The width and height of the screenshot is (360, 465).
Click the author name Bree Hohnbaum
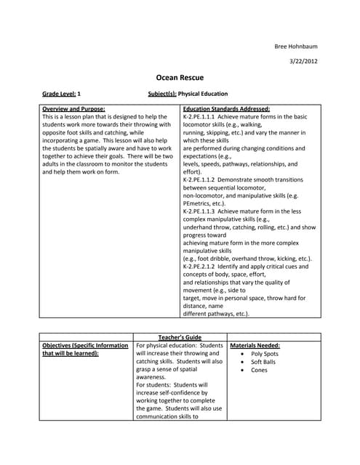point(295,46)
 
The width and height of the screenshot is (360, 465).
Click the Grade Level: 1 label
point(61,94)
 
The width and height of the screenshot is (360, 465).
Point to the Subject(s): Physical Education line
point(188,94)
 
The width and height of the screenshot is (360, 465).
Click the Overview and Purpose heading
point(73,108)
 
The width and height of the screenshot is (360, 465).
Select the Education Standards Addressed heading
point(226,108)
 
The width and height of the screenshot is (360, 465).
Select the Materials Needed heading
point(255,345)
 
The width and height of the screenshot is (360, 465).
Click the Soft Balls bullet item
point(263,362)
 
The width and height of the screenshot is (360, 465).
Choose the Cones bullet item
point(259,371)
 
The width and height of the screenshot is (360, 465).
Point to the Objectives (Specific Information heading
point(85,345)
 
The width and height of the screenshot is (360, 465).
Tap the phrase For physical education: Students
point(180,345)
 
